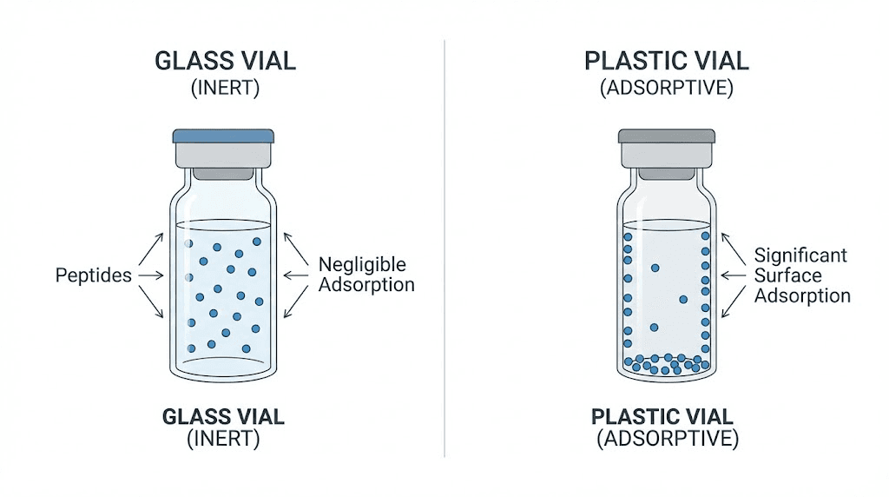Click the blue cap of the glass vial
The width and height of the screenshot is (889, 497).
(223, 136)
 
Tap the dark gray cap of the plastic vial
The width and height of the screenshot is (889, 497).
(666, 136)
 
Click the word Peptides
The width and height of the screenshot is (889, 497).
(93, 275)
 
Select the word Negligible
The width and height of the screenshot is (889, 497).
(362, 264)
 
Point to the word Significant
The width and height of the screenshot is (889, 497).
(800, 255)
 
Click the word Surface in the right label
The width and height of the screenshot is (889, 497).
(787, 275)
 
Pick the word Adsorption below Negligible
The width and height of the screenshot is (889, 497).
(366, 285)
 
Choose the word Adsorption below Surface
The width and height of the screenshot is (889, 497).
(802, 295)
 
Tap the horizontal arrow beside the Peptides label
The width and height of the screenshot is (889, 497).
(150, 275)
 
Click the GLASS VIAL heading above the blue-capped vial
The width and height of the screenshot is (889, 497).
(224, 61)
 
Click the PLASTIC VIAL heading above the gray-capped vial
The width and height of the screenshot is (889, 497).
(667, 61)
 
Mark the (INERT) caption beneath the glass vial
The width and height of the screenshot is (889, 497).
(223, 439)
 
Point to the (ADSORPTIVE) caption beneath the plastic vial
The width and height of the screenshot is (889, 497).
(668, 439)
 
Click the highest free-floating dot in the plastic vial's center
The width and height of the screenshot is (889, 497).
(655, 268)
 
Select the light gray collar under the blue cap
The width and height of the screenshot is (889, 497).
(223, 156)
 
